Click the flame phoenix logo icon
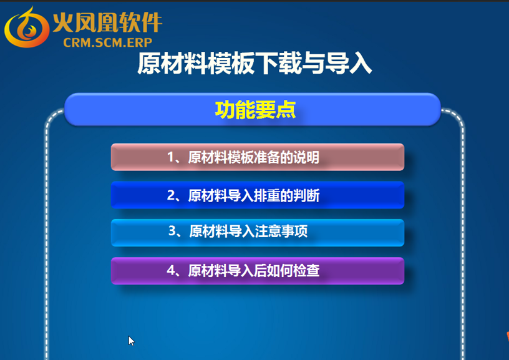(27, 28)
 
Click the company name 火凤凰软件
(107, 22)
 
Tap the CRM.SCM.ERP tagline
(108, 42)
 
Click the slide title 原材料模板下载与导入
(254, 63)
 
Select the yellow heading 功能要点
(255, 110)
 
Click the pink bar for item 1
(258, 157)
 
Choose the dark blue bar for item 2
(258, 195)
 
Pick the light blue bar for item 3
(258, 233)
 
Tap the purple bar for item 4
(258, 271)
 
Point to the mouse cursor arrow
(131, 341)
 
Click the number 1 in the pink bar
(170, 157)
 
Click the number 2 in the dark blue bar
(171, 195)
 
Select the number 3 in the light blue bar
(172, 231)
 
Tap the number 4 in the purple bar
(171, 270)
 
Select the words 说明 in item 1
(306, 157)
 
